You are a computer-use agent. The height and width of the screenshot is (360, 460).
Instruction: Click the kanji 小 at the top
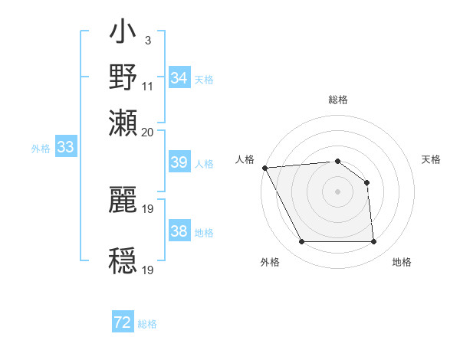(123, 34)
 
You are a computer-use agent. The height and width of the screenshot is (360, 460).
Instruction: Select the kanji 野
(123, 77)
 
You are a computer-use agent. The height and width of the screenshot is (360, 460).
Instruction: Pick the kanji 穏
(123, 260)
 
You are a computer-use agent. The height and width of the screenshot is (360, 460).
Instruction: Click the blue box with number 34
(179, 78)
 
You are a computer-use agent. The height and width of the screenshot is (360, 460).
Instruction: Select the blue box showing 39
(179, 162)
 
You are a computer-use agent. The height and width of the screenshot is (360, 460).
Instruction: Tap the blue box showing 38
(179, 231)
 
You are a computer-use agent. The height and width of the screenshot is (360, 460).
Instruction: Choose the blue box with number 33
(65, 148)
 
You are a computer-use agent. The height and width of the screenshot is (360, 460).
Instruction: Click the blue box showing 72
(123, 322)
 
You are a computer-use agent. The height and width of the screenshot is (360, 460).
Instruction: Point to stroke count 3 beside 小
(147, 38)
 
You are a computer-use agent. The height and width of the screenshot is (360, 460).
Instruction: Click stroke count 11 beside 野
(148, 86)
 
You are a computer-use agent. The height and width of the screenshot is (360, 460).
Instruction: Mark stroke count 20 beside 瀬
(148, 131)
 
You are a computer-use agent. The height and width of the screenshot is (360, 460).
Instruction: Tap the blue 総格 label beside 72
(147, 324)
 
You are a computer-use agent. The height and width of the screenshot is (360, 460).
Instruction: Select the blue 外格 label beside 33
(40, 149)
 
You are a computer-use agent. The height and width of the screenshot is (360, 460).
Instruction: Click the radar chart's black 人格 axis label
(245, 159)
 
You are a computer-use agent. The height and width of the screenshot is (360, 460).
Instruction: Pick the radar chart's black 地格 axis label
(402, 262)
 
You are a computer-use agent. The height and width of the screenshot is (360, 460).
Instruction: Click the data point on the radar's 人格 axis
(264, 168)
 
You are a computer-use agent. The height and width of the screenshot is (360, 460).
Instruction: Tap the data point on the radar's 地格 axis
(374, 242)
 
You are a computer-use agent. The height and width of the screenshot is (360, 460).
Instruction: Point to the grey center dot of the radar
(337, 191)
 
